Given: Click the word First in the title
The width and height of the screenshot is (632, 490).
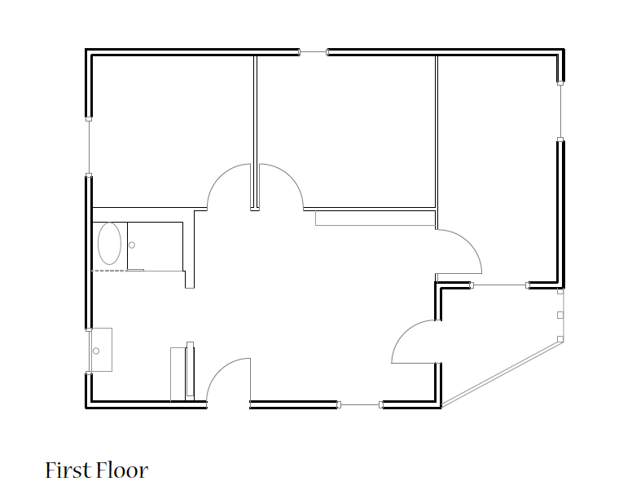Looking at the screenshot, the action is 68,470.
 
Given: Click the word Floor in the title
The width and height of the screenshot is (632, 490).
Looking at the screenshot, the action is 122,470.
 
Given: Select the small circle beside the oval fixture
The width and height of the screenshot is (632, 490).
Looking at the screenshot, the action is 131,245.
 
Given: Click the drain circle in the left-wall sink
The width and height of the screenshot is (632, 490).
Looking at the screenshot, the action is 96,351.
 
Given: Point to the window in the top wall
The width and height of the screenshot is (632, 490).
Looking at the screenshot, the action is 314,51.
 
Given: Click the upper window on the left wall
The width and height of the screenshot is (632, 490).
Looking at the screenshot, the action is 89,147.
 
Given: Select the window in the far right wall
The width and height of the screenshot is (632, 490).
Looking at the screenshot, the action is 560,111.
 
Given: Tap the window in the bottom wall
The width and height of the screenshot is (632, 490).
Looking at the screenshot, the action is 359,404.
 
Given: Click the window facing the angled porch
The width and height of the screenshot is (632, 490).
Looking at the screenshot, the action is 499,285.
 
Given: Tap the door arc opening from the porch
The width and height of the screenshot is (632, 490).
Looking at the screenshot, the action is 404,332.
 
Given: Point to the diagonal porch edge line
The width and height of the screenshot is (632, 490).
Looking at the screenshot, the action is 503,373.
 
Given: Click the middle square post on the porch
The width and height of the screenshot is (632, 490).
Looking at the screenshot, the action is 560,315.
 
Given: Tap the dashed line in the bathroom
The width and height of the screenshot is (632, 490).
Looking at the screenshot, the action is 110,271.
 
